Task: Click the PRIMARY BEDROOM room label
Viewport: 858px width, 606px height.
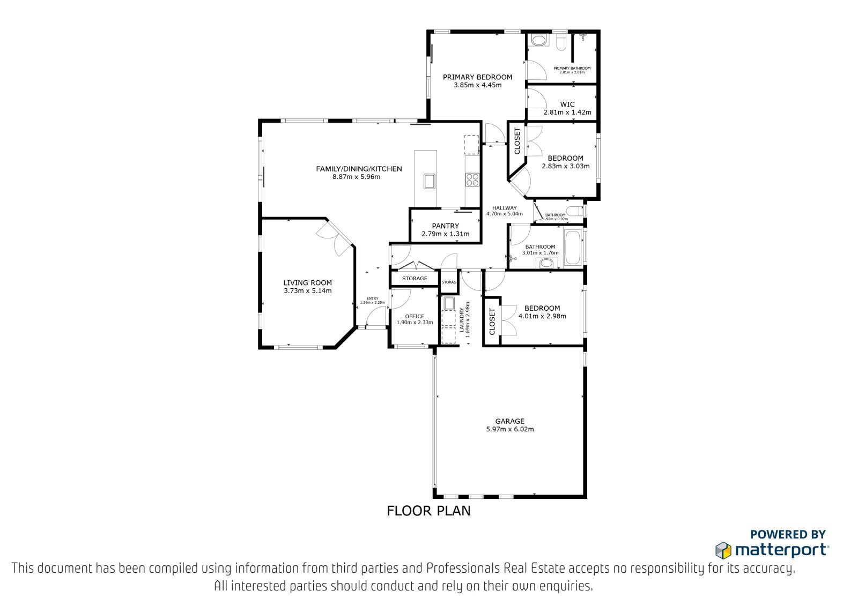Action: pyautogui.click(x=477, y=77)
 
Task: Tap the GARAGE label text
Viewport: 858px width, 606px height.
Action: pyautogui.click(x=509, y=421)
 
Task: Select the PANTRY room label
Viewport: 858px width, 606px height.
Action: pyautogui.click(x=445, y=226)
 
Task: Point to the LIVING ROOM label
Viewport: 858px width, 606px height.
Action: pyautogui.click(x=308, y=283)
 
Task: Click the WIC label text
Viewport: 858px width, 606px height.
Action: pyautogui.click(x=567, y=104)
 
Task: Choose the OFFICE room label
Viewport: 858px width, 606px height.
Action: pyautogui.click(x=415, y=317)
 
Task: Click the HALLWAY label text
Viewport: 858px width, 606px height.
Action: pyautogui.click(x=505, y=208)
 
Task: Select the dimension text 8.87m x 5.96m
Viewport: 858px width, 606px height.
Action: pyautogui.click(x=356, y=177)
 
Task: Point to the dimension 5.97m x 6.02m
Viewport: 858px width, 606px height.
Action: pyautogui.click(x=510, y=429)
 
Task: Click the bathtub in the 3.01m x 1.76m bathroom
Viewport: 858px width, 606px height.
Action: pyautogui.click(x=573, y=248)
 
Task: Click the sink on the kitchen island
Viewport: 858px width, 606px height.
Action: pyautogui.click(x=429, y=182)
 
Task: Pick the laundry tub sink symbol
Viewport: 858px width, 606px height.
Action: pyautogui.click(x=448, y=303)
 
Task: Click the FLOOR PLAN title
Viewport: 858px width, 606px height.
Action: pyautogui.click(x=428, y=511)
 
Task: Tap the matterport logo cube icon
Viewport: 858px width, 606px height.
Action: pyautogui.click(x=723, y=550)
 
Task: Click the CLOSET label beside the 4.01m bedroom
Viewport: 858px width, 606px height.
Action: pyautogui.click(x=492, y=321)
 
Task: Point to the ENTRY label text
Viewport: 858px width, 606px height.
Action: pyautogui.click(x=372, y=298)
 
